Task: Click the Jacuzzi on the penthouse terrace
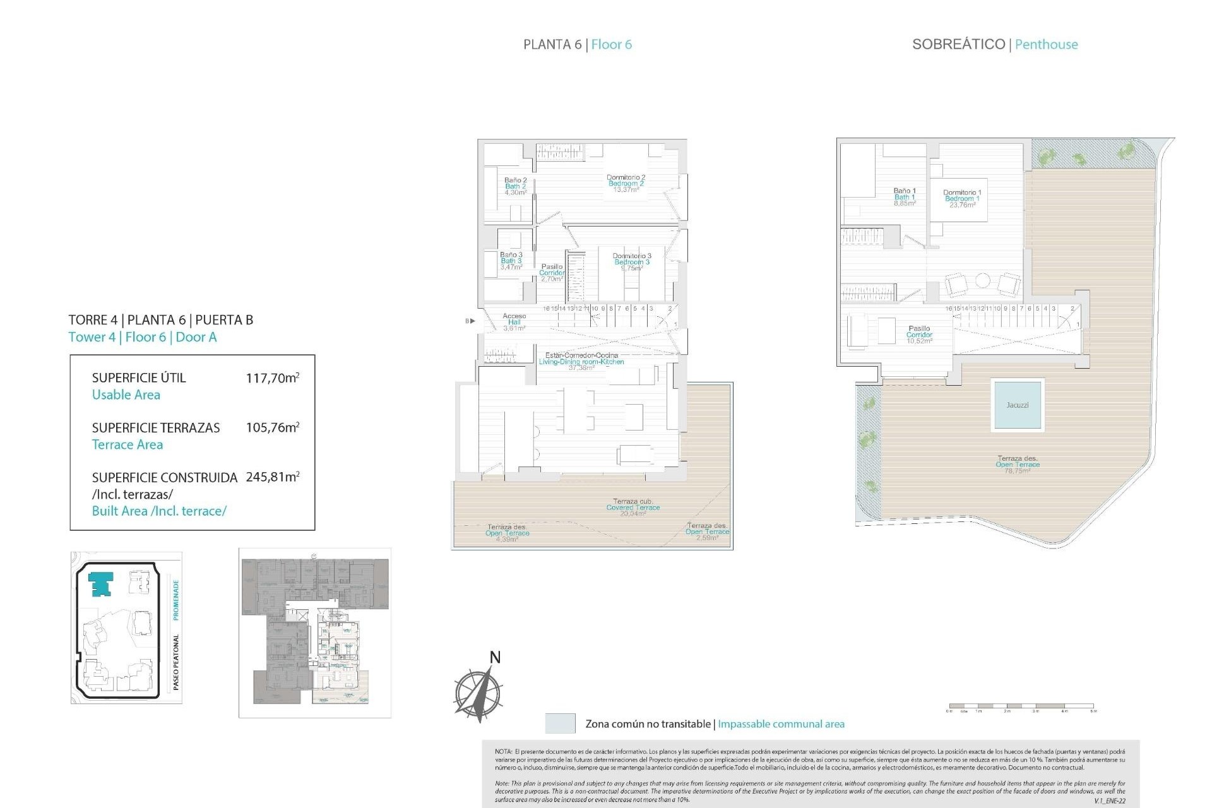(x=1017, y=405)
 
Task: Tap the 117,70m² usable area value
(x=272, y=378)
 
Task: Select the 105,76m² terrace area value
(x=272, y=427)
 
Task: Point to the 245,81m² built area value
(x=272, y=477)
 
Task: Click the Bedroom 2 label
(x=626, y=184)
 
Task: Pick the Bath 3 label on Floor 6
(x=511, y=261)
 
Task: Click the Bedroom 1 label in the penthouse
(x=962, y=199)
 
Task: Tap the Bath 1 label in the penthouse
(x=904, y=197)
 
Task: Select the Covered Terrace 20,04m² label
(x=633, y=508)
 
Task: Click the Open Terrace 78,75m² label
(x=1017, y=465)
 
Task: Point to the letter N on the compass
(x=495, y=658)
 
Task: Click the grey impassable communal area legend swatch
(x=560, y=723)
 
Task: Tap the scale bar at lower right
(x=1021, y=706)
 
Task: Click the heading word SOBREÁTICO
(x=958, y=44)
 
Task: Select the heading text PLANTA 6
(x=552, y=44)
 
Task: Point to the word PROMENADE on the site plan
(x=176, y=600)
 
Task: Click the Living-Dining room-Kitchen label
(x=581, y=362)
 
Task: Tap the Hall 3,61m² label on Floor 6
(x=514, y=322)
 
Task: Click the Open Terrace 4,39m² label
(x=507, y=533)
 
